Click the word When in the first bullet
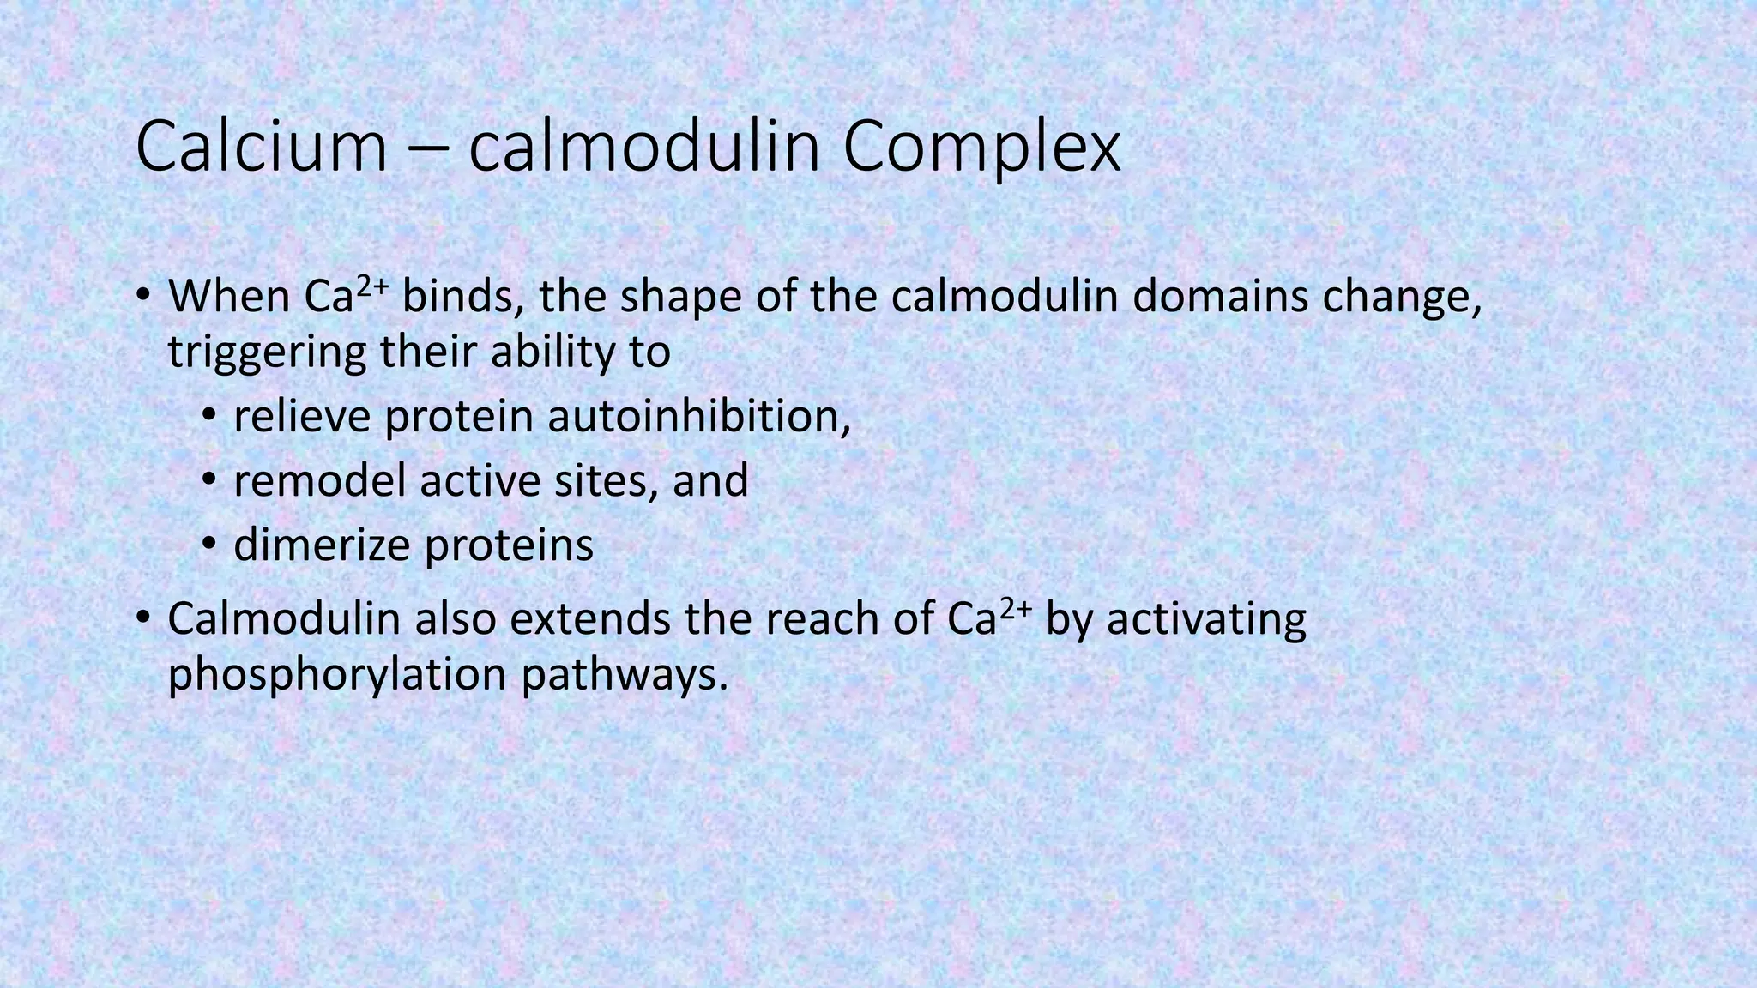(229, 297)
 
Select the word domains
(1222, 297)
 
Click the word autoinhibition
(698, 417)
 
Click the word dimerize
(322, 545)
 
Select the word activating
(1206, 620)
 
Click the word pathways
(624, 675)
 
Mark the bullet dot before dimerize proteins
(209, 545)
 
